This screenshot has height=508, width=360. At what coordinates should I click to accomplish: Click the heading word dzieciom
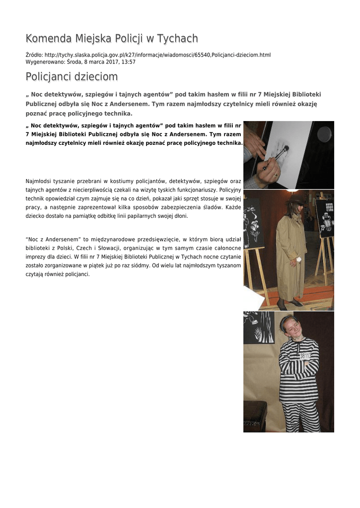pyautogui.click(x=96, y=77)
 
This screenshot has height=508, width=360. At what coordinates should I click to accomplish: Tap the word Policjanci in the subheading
pyautogui.click(x=48, y=77)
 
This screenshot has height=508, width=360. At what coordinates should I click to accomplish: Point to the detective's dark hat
pyautogui.click(x=297, y=199)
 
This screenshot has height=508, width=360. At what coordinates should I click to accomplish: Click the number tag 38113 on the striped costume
pyautogui.click(x=305, y=356)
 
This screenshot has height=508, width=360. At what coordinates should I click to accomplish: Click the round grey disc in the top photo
pyautogui.click(x=324, y=133)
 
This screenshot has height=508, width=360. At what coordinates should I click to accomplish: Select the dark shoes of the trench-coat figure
pyautogui.click(x=289, y=303)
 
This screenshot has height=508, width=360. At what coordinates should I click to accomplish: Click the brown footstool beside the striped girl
pyautogui.click(x=255, y=416)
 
